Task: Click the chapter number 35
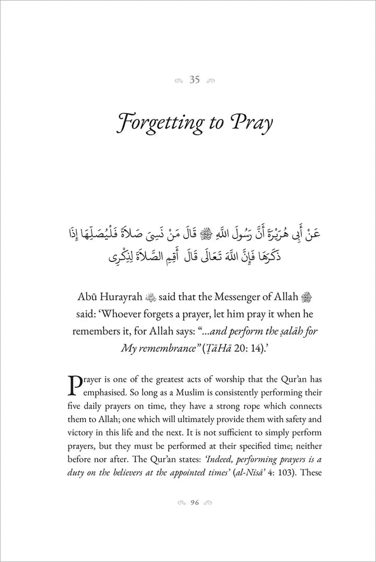pyautogui.click(x=195, y=80)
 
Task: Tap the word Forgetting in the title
pyautogui.click(x=156, y=124)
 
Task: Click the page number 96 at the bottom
pyautogui.click(x=195, y=503)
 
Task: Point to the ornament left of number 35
pyautogui.click(x=180, y=80)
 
